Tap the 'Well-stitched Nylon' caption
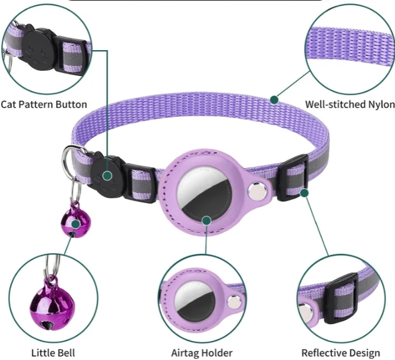click(350, 104)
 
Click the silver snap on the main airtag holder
click(255, 191)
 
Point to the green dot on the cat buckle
click(107, 176)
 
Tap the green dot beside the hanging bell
click(75, 224)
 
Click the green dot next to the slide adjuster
click(304, 192)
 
